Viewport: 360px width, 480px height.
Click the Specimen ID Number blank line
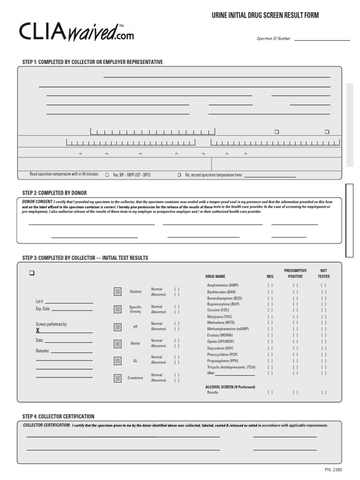click(x=321, y=40)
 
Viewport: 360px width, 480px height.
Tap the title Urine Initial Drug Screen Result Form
click(x=265, y=15)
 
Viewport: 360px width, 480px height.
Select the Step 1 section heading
click(x=92, y=62)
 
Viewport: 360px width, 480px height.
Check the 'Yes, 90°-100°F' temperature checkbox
click(x=107, y=175)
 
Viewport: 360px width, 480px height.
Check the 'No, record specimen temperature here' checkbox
click(x=179, y=175)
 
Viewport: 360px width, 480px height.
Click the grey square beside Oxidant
click(x=117, y=292)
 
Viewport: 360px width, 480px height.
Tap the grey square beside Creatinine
click(x=117, y=378)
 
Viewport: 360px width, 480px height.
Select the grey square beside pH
click(x=117, y=327)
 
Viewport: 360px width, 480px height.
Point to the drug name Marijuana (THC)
click(x=220, y=316)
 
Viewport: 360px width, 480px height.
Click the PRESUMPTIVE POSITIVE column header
click(x=295, y=274)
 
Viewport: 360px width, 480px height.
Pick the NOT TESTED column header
click(x=324, y=274)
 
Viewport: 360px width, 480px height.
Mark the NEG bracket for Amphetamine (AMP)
click(x=270, y=285)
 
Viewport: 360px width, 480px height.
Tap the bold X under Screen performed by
click(x=38, y=330)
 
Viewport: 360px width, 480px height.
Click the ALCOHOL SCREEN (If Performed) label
click(x=230, y=387)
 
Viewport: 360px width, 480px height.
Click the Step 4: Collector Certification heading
click(x=58, y=416)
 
